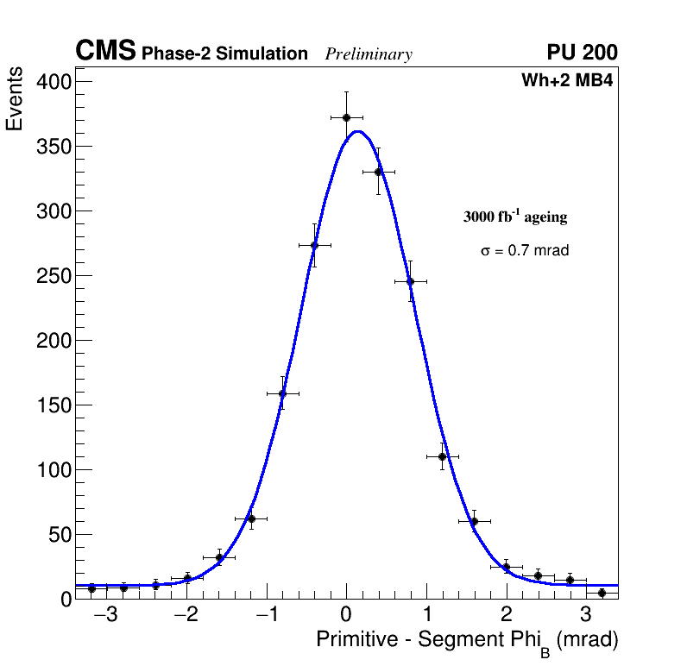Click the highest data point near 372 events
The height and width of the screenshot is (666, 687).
346,117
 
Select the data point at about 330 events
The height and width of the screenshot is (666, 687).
378,172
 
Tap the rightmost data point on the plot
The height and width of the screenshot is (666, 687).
602,593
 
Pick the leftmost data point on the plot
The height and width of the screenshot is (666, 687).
91,588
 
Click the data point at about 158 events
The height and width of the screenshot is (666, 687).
282,393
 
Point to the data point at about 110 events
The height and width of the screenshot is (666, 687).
442,456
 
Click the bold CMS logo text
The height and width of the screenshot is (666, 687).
105,52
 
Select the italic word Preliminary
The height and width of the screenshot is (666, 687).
369,54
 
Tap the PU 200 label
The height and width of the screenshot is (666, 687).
583,53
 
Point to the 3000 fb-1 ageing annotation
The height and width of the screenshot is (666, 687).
515,217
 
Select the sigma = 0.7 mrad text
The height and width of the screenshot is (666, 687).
525,251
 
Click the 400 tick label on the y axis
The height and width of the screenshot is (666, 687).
54,82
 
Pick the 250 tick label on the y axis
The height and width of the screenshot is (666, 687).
54,276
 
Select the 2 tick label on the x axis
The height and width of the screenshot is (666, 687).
506,615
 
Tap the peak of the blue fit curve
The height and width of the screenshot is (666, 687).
358,131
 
